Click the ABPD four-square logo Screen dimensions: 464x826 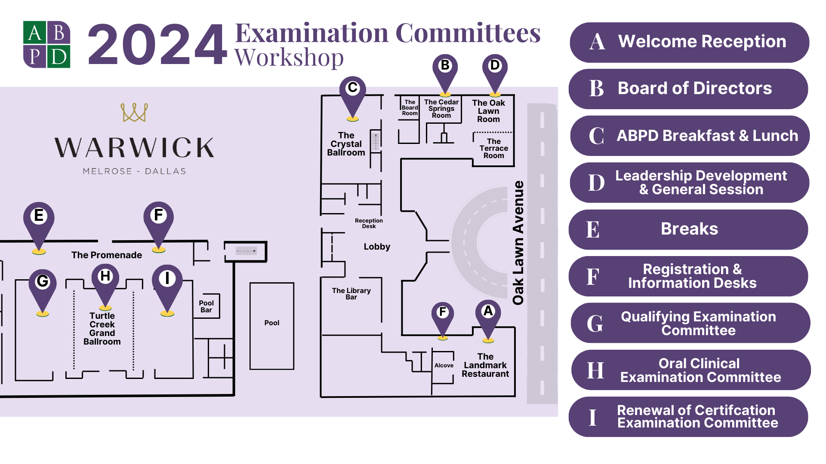pos(46,45)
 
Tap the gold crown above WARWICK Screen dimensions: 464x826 pos(134,113)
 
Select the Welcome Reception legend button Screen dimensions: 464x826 pos(689,42)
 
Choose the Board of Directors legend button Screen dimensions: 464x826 pos(688,89)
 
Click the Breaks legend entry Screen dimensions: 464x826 pos(688,229)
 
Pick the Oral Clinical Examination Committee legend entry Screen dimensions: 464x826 pos(690,370)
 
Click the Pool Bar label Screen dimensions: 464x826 pos(206,306)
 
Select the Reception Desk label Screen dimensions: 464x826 pos(369,223)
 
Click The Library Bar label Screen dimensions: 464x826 pos(351,294)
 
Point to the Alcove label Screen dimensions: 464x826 pos(444,366)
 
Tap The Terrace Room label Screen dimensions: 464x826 pos(493,149)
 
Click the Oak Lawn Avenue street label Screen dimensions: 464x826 pos(518,243)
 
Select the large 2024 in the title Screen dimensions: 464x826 pos(157,45)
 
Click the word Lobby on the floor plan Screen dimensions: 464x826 pos(377,247)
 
